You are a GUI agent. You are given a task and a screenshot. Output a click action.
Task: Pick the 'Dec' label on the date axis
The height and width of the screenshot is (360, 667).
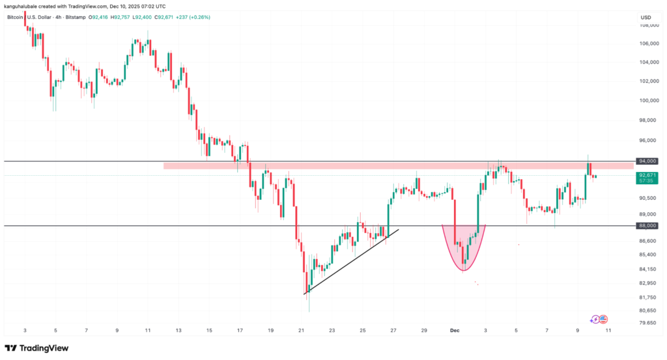pos(455,330)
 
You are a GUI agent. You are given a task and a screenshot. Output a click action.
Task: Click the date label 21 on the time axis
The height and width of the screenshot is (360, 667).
pos(301,330)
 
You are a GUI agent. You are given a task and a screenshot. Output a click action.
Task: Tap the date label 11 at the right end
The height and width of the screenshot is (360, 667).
pos(608,330)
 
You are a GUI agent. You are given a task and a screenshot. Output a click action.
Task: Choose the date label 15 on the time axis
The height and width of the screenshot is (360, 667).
pos(209,330)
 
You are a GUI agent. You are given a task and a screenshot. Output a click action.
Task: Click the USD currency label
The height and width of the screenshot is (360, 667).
pos(646,17)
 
